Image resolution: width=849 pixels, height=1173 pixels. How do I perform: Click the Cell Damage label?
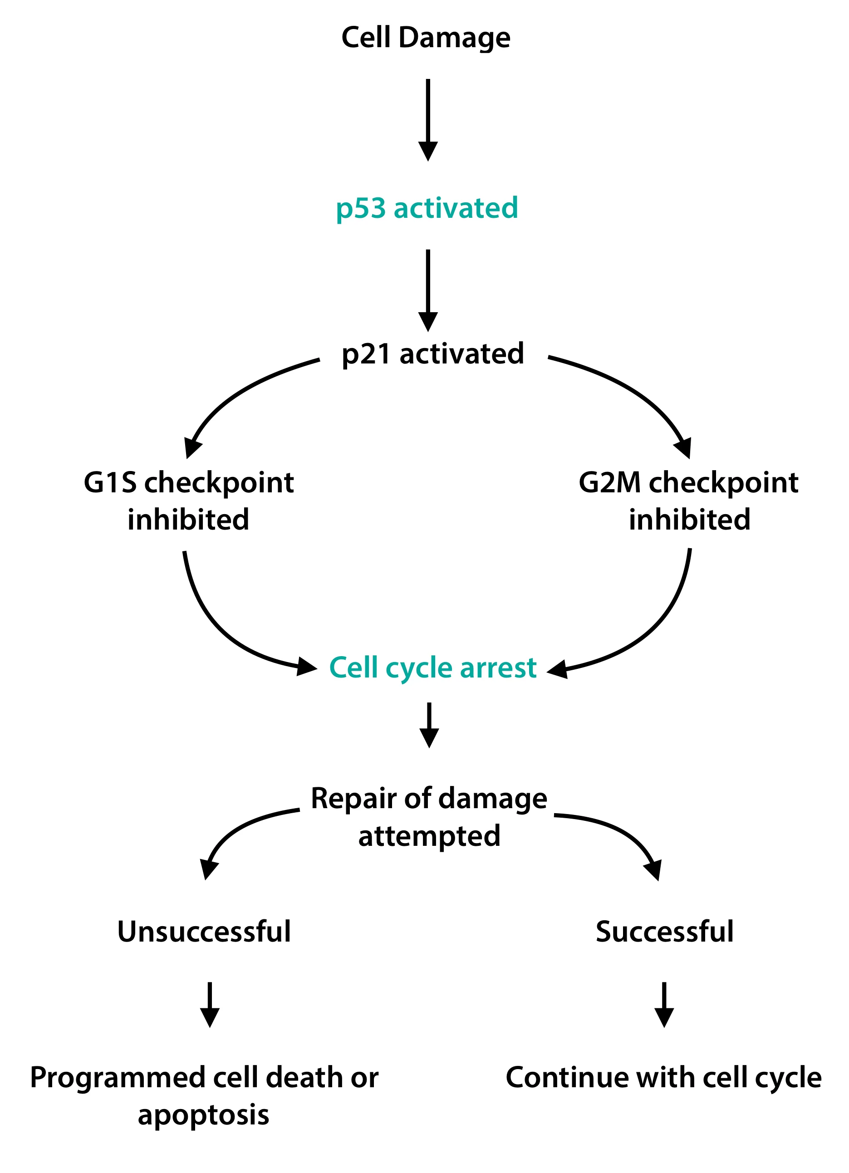pos(426,38)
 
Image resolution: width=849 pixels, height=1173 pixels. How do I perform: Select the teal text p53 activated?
pos(427,208)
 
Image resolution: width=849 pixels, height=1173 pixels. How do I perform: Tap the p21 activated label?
pos(433,354)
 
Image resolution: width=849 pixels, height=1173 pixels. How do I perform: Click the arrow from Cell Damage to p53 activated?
pos(427,119)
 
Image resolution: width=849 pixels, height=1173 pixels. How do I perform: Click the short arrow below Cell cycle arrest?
pos(429,724)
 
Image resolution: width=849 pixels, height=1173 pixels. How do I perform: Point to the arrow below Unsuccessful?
pos(209,1003)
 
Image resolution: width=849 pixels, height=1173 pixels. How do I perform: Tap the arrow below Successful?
pos(664,1003)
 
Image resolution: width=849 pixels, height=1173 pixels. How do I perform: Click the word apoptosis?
pos(203,1115)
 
